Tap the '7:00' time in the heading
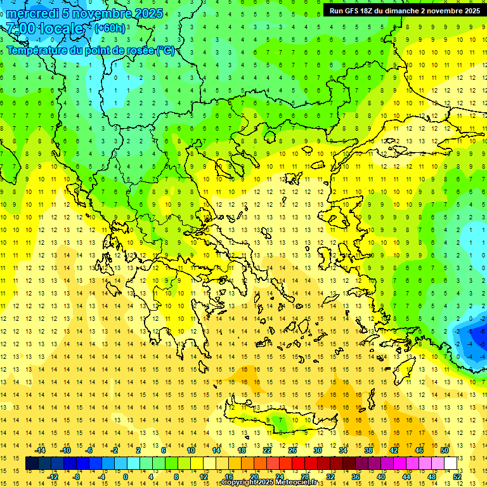click(20, 29)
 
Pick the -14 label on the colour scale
click(40, 450)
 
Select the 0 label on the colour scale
click(125, 477)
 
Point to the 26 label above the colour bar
click(292, 450)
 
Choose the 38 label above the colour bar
click(368, 450)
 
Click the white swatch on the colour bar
click(450, 464)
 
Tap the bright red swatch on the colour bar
click(298, 464)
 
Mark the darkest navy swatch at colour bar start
click(32, 464)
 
